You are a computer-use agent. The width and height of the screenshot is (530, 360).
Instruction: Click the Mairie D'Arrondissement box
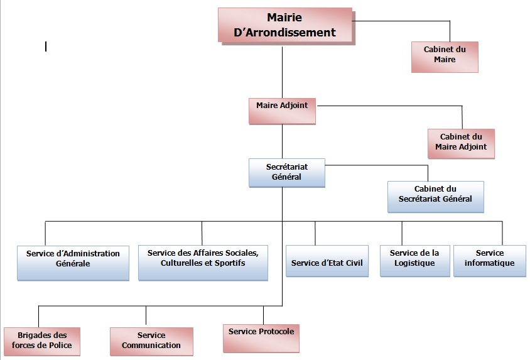click(x=284, y=25)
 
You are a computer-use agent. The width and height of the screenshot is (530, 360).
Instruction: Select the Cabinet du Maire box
click(x=444, y=56)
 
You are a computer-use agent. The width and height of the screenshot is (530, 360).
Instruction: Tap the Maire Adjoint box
click(x=281, y=110)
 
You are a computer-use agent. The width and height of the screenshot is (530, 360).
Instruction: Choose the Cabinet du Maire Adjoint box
click(x=460, y=143)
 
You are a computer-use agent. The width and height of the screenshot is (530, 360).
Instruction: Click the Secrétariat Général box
click(x=286, y=172)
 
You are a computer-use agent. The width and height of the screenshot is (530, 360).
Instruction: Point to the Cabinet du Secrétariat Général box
click(x=435, y=195)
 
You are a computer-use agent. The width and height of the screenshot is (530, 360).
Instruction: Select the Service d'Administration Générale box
click(x=73, y=261)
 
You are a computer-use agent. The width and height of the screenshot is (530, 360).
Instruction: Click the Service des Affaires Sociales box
click(x=202, y=261)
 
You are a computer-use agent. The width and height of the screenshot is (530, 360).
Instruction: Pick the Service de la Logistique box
click(x=414, y=260)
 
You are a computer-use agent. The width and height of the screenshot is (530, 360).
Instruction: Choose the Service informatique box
click(x=489, y=260)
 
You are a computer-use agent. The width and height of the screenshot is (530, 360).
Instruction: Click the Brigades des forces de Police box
click(x=41, y=342)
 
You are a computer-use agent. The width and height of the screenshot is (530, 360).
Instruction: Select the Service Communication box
click(x=151, y=342)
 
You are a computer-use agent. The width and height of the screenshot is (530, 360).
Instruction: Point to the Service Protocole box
click(x=261, y=337)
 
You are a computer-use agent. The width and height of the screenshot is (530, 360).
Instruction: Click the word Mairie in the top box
click(x=285, y=17)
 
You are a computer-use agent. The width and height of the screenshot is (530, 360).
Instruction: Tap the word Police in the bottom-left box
click(x=60, y=346)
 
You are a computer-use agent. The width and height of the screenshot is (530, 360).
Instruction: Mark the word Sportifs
click(x=226, y=263)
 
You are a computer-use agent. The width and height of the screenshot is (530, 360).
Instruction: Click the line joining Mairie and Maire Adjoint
click(x=282, y=72)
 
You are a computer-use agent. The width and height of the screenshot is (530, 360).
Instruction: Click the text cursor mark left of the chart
click(x=46, y=46)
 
